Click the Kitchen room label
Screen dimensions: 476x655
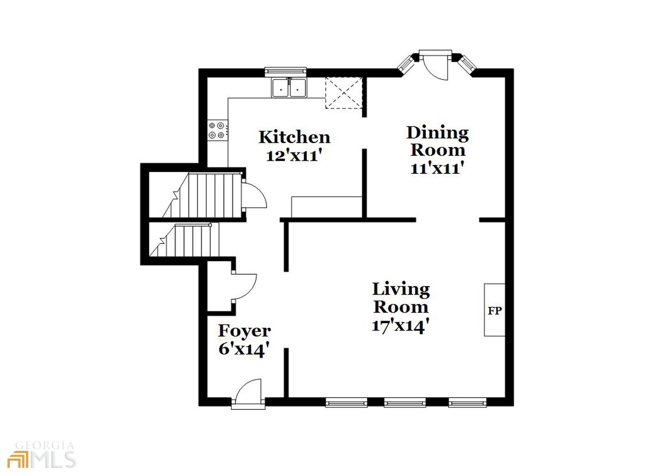[x=294, y=137]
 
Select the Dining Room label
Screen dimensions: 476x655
[x=437, y=142]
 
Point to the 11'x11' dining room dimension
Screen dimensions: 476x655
[x=437, y=168]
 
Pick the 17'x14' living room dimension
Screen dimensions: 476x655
[x=400, y=326]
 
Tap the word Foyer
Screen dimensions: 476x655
[x=244, y=331]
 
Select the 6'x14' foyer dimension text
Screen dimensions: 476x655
[x=244, y=350]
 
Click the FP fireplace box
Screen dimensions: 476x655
[x=494, y=310]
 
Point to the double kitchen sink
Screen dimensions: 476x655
[x=289, y=88]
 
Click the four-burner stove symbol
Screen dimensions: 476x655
[x=217, y=130]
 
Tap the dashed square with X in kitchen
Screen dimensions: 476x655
[x=344, y=93]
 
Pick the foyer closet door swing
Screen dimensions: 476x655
[x=244, y=286]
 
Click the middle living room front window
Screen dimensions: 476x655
[x=405, y=402]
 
